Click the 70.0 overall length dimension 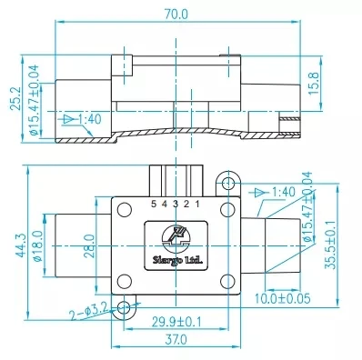pyautogui.click(x=176, y=14)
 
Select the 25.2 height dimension pyautogui.click(x=15, y=98)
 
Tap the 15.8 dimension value pyautogui.click(x=314, y=84)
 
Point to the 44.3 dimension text pyautogui.click(x=20, y=245)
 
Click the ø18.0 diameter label pyautogui.click(x=37, y=245)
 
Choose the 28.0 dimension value pyautogui.click(x=89, y=245)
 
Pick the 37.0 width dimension pyautogui.click(x=176, y=339)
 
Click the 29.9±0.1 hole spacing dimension pyautogui.click(x=176, y=322)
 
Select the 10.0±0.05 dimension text pyautogui.click(x=283, y=298)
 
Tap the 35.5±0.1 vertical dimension pyautogui.click(x=330, y=245)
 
